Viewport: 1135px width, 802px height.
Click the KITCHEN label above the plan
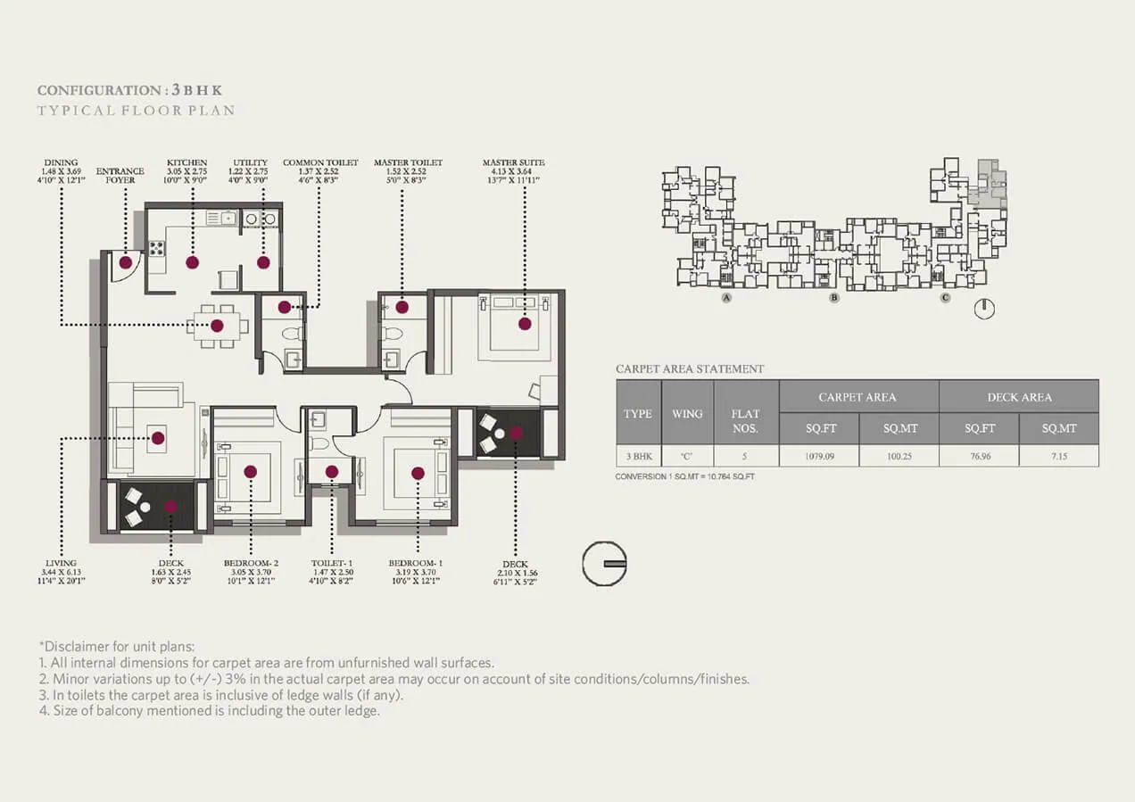pos(186,162)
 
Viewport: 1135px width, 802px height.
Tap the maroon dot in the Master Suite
pos(525,324)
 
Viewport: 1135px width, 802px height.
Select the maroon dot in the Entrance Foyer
pos(126,262)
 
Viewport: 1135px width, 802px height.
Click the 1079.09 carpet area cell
pos(818,455)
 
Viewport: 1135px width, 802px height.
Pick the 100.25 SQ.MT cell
pos(899,455)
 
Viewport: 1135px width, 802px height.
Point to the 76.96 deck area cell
pos(979,455)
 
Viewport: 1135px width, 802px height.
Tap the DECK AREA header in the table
pos(1018,396)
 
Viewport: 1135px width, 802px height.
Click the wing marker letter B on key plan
pos(833,298)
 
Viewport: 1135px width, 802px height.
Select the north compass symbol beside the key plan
pos(983,309)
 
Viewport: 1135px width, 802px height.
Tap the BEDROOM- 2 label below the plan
pos(251,564)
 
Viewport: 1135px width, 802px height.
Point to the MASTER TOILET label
pos(408,162)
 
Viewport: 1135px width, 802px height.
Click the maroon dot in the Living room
pos(158,438)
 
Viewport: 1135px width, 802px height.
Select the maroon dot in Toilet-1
pos(332,472)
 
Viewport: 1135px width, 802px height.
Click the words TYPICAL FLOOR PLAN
pos(136,111)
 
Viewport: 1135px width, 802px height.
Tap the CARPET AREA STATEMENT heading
pos(690,368)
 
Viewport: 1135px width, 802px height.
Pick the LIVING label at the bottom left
pos(61,564)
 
